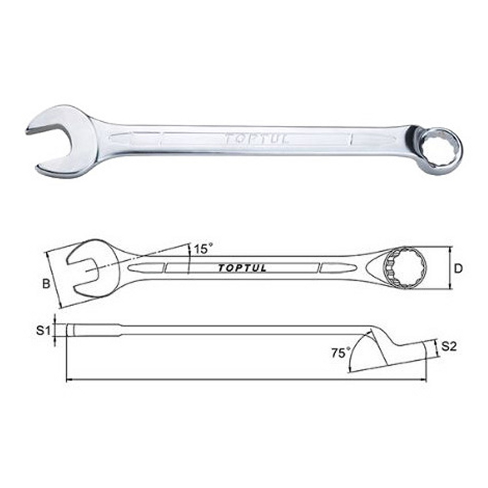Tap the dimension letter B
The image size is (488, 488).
[46, 284]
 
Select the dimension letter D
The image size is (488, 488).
[458, 269]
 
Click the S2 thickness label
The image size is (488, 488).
[449, 347]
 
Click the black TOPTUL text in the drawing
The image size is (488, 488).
[242, 268]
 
